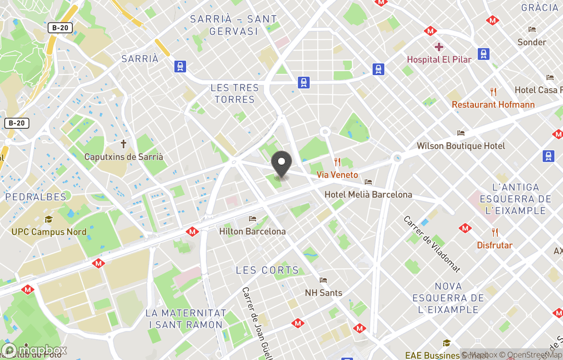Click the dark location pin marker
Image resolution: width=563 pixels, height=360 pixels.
[282, 163]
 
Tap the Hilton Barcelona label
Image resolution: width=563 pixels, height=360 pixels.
[252, 231]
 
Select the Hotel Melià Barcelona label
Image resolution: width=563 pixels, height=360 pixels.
[368, 195]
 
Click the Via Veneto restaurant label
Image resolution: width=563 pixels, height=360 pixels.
[337, 175]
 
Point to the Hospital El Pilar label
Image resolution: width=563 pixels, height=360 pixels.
[439, 59]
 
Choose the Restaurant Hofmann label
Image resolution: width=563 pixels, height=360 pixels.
[493, 104]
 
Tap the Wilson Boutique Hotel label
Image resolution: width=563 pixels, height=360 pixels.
[461, 146]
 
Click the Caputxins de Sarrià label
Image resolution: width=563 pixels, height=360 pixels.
[124, 157]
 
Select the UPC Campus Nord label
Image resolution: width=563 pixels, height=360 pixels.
[49, 232]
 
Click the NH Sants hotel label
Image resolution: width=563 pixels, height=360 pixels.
[323, 293]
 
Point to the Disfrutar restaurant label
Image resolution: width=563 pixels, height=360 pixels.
[495, 245]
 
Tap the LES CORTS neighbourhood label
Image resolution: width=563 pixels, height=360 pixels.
[267, 270]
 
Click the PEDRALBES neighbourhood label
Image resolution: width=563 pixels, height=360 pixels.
[36, 197]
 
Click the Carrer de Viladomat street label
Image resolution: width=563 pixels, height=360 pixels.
[432, 244]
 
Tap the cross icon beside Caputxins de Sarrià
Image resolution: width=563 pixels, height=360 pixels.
[124, 143]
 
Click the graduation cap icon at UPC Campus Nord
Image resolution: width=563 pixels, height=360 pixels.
[48, 220]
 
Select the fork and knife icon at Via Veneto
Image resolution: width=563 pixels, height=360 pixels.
[337, 162]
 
